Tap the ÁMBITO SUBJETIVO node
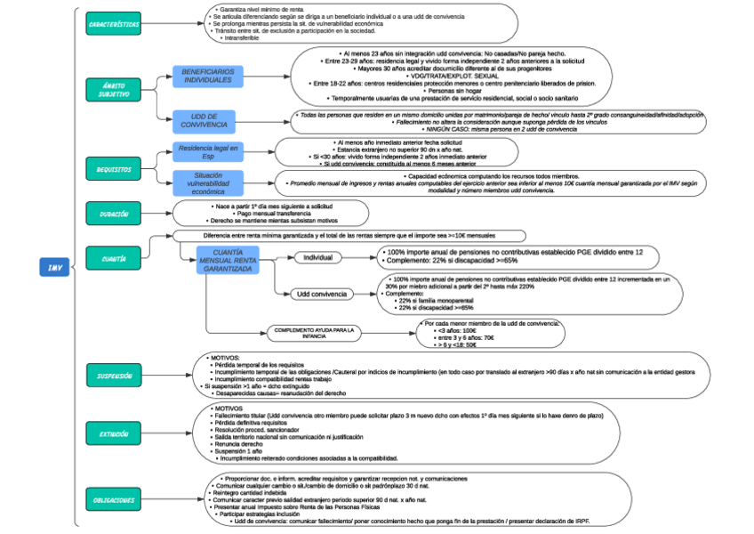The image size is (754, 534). [x=114, y=88]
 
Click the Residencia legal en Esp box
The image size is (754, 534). [x=208, y=151]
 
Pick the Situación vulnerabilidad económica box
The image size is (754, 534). [x=208, y=182]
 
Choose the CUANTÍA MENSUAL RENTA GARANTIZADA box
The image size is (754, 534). [x=229, y=260]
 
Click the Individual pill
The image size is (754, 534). [x=318, y=257]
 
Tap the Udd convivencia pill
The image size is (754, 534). [x=322, y=294]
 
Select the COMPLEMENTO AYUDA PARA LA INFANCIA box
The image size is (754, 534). [x=314, y=332]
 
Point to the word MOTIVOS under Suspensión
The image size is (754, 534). [x=221, y=357]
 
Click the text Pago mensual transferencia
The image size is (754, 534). [x=257, y=213]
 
